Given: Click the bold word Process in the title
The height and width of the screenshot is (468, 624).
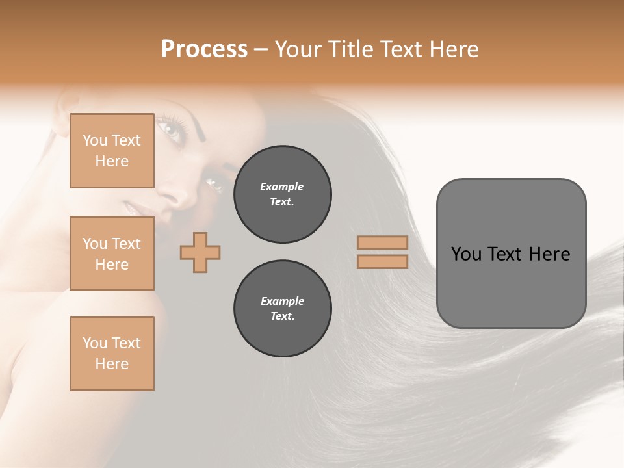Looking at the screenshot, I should coord(204,49).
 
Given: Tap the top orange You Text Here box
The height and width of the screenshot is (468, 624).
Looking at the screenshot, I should coord(112,151).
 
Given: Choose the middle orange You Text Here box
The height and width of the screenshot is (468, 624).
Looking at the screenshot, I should coord(112,253).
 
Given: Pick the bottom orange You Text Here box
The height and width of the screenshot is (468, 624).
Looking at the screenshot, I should coord(112,354).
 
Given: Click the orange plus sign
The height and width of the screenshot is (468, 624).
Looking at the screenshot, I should coord(200,252).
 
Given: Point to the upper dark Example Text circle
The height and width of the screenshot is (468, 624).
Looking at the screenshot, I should coord(282,194).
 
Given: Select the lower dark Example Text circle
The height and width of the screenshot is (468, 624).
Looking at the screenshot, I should coord(282,309).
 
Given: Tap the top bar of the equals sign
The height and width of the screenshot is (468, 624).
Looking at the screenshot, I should coord(383,242).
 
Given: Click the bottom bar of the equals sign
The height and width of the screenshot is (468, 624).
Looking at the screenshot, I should coord(383,262).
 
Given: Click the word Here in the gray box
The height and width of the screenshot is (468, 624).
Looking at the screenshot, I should coord(549,254).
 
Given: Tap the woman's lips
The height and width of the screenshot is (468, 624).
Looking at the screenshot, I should coord(130,209).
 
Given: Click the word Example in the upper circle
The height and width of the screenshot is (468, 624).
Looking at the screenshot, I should coord(282,187).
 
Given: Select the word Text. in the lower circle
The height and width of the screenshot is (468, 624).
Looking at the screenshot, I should coord(282,317).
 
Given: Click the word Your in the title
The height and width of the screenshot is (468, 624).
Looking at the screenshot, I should coord(296,49).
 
